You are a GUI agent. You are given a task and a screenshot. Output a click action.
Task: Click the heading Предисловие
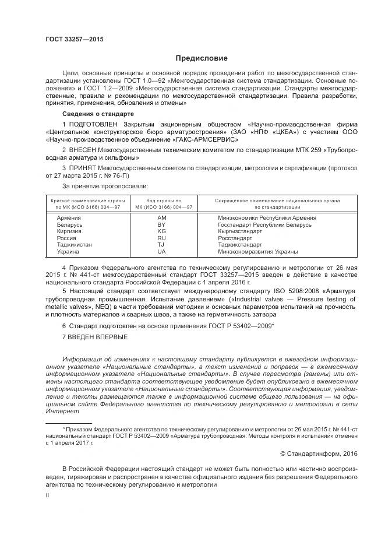(x=202, y=58)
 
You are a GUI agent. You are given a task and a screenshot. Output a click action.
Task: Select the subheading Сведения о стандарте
(x=98, y=113)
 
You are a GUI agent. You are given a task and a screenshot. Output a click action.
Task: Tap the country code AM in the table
(x=162, y=217)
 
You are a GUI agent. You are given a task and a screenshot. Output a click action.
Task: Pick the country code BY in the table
(x=162, y=224)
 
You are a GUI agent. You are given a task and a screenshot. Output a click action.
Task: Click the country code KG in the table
(x=162, y=231)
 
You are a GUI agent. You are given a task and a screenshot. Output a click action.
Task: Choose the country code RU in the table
(x=162, y=238)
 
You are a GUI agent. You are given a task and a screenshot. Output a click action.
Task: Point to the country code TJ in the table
(x=162, y=245)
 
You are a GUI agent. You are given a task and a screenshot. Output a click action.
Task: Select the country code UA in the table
(x=162, y=252)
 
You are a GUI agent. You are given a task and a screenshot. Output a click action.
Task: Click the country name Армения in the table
(x=69, y=217)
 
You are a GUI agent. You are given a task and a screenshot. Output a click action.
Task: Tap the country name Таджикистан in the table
(x=74, y=245)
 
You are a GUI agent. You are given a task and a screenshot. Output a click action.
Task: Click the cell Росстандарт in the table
(x=235, y=238)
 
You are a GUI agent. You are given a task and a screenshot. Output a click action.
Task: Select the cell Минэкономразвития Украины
(x=257, y=252)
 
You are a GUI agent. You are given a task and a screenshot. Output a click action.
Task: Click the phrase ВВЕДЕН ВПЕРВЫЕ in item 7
(x=98, y=336)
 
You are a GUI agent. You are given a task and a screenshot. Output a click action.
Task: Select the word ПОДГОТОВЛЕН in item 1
(x=93, y=124)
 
